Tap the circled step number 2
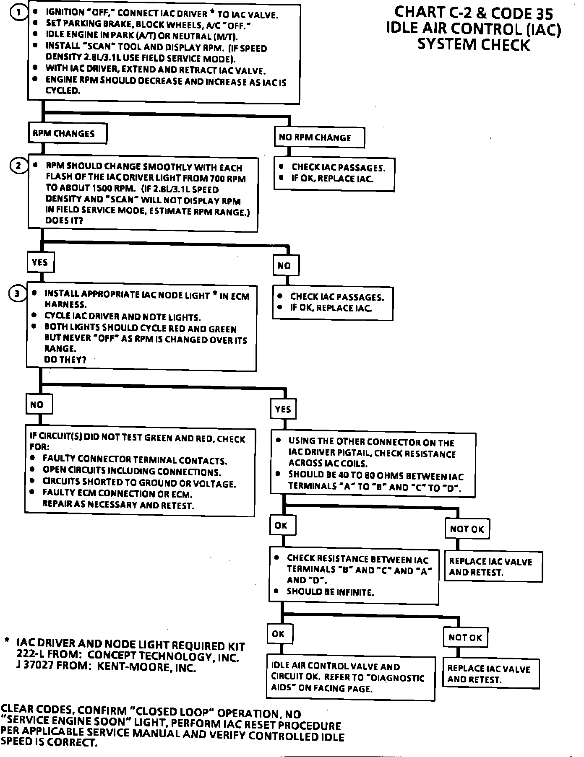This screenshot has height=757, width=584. click(x=18, y=166)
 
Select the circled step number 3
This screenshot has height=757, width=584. click(x=17, y=293)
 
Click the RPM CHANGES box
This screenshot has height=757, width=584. click(x=67, y=134)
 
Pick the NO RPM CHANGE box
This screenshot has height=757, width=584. click(x=319, y=137)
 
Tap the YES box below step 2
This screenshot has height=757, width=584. click(x=40, y=262)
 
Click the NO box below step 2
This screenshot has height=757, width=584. click(x=285, y=265)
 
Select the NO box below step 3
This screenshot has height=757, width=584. click(x=39, y=404)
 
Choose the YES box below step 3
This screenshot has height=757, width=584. click(x=283, y=409)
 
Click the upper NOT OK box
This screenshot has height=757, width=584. click(x=467, y=529)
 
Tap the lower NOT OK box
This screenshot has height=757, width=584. click(x=465, y=638)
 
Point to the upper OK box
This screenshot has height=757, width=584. click(x=282, y=525)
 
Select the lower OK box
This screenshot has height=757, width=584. click(x=279, y=634)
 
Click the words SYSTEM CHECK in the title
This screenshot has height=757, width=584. click(x=474, y=44)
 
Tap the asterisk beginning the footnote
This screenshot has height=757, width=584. click(x=7, y=641)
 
